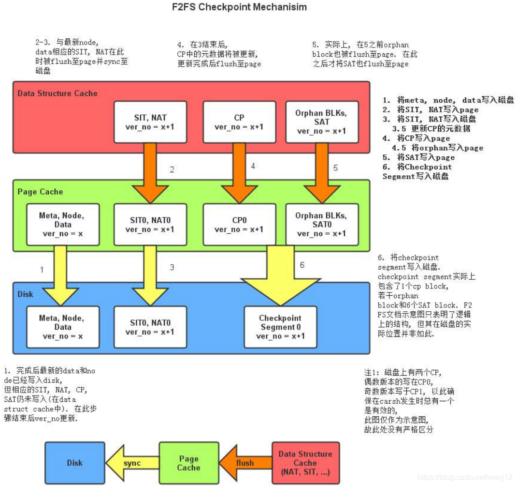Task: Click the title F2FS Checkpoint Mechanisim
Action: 240,7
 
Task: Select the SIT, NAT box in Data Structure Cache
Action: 150,121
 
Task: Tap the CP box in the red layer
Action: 239,121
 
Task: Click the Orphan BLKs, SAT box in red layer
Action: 321,121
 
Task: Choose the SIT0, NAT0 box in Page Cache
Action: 150,224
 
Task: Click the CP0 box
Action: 239,224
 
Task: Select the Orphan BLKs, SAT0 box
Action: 321,224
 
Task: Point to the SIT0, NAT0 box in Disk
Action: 150,327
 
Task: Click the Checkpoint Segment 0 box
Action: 280,327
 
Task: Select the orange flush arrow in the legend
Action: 244,463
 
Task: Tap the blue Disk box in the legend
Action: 75,463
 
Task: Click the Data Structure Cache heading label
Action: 57,93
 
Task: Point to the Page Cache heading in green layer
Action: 40,192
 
